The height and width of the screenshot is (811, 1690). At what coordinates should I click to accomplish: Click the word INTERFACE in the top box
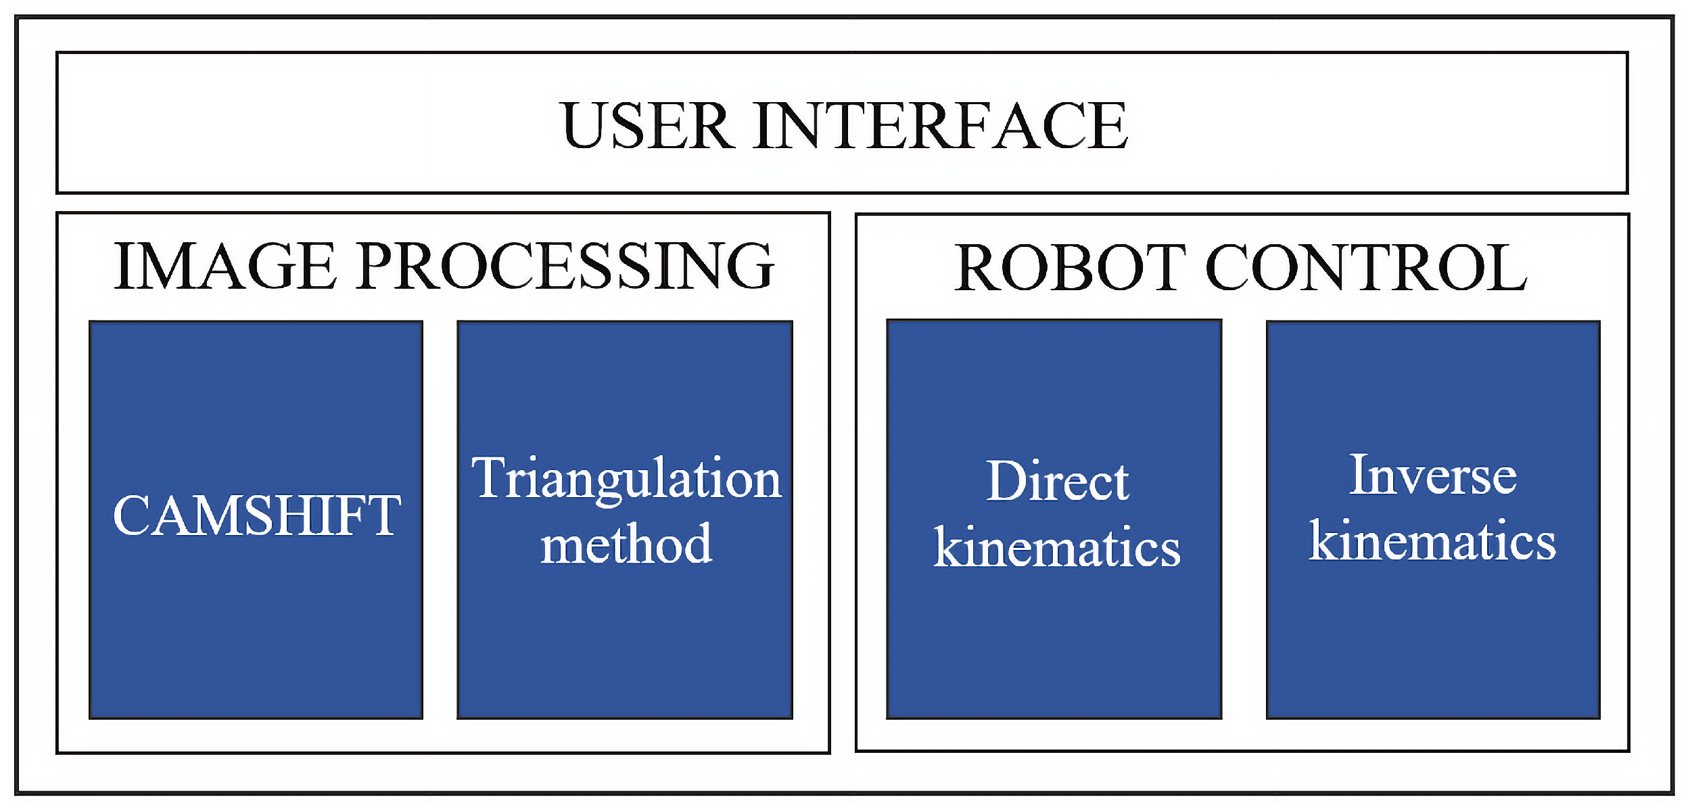[x=940, y=126]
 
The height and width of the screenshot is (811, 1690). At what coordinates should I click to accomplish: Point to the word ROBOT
[x=1069, y=269]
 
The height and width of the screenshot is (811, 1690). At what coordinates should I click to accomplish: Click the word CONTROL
[x=1366, y=269]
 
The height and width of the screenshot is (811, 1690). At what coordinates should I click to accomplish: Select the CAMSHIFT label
[x=257, y=515]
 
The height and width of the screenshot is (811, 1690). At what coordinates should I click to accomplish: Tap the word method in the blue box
[x=626, y=545]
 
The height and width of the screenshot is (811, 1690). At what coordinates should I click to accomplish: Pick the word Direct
[x=1057, y=482]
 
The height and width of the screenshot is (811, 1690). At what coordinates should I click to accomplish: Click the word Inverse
[x=1433, y=475]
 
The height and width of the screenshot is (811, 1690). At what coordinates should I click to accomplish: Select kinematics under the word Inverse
[x=1432, y=541]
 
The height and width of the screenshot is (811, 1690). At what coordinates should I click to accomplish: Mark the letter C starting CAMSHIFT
[x=133, y=515]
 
